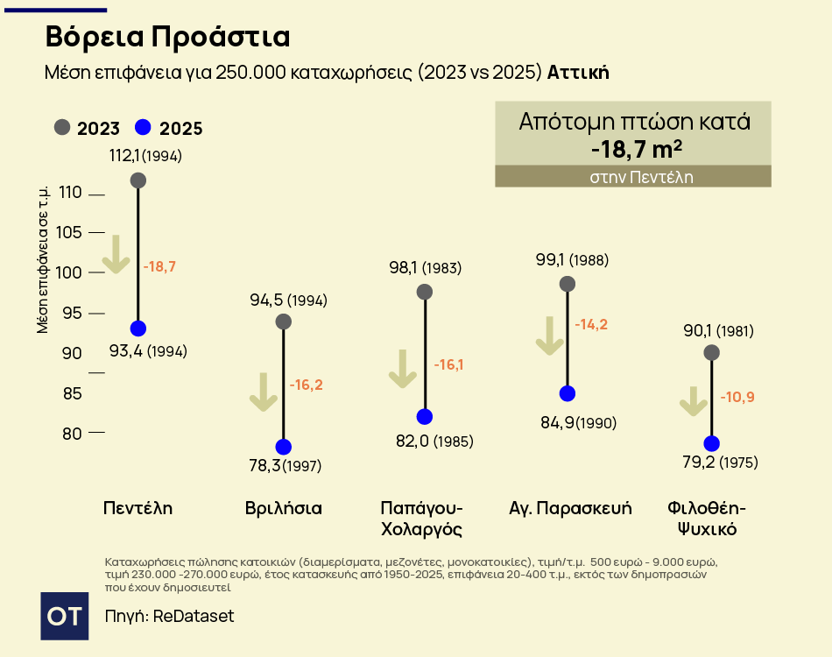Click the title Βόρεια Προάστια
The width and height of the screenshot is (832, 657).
click(x=167, y=38)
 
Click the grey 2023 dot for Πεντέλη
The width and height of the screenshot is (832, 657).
click(x=137, y=180)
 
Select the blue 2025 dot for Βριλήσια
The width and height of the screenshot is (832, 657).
click(x=283, y=447)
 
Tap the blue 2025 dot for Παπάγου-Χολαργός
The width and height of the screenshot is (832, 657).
click(x=425, y=416)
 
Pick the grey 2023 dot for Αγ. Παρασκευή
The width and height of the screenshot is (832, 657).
click(x=568, y=284)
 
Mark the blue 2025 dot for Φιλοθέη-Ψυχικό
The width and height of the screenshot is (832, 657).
click(x=711, y=443)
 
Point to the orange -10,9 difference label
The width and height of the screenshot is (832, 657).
click(x=737, y=397)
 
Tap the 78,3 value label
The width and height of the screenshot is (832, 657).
click(x=265, y=465)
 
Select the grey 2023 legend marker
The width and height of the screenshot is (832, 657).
click(x=62, y=128)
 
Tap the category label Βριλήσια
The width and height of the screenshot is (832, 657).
click(x=284, y=508)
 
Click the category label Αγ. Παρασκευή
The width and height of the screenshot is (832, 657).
click(x=570, y=508)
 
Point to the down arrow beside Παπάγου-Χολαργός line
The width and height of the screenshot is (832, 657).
click(x=403, y=369)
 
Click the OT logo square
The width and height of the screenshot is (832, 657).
click(x=65, y=616)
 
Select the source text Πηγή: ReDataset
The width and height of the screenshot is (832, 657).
click(x=169, y=616)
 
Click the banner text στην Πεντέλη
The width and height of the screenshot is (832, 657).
click(x=633, y=176)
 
